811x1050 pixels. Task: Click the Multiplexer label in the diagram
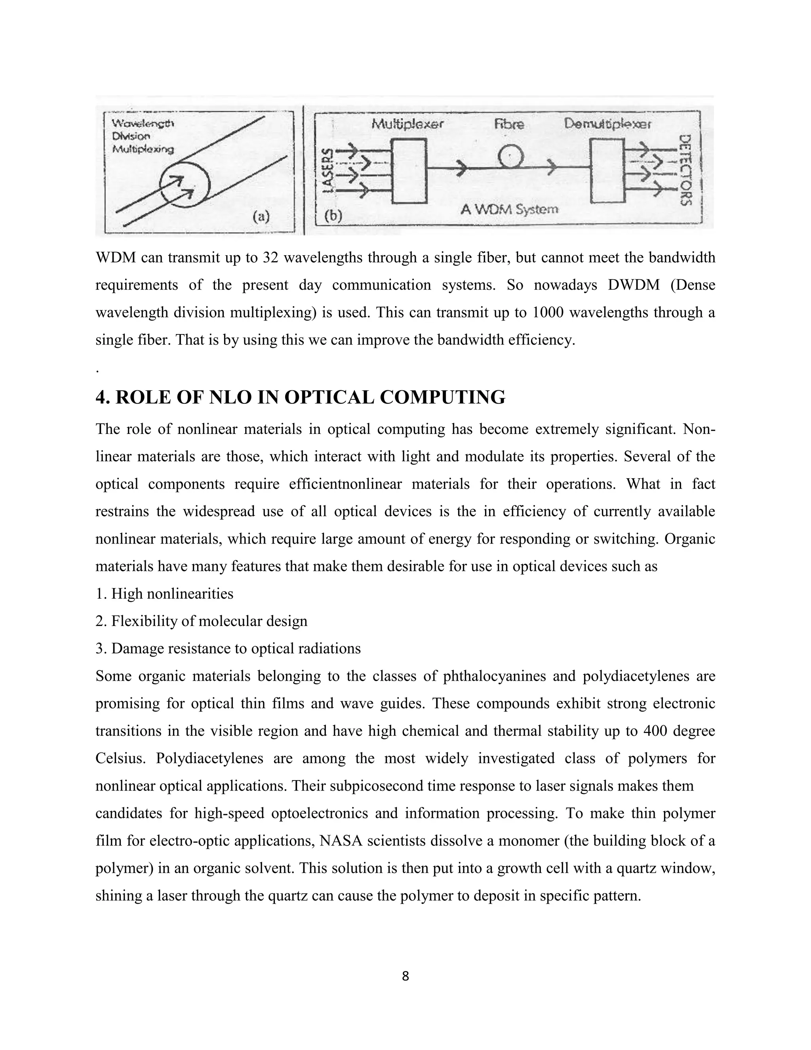click(x=407, y=124)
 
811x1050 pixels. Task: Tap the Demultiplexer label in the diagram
click(x=607, y=124)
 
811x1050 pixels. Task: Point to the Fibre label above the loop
click(x=509, y=124)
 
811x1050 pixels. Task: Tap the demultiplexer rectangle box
click(x=607, y=171)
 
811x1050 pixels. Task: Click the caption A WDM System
click(x=509, y=210)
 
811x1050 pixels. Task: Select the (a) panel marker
click(x=261, y=217)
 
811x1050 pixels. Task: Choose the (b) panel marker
click(x=333, y=216)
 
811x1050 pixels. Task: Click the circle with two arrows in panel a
click(x=185, y=185)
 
